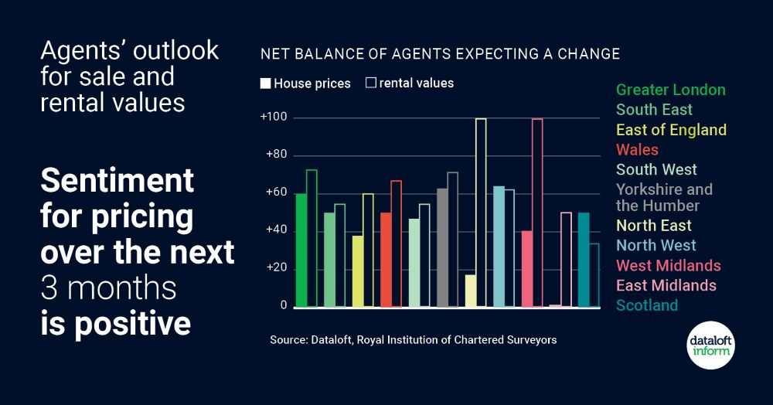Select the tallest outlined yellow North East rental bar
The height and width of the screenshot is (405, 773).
(x=481, y=213)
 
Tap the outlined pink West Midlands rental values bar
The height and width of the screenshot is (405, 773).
(x=537, y=213)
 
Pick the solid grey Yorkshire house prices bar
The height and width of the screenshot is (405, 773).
(x=442, y=247)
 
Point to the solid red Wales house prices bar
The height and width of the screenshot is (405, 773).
(x=386, y=260)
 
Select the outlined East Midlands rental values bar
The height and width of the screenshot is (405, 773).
(x=566, y=260)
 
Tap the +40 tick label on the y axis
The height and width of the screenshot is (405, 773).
(x=274, y=230)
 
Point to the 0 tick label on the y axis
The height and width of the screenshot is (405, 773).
(x=283, y=306)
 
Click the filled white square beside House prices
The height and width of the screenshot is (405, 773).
(x=265, y=83)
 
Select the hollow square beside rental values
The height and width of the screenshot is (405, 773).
(x=370, y=83)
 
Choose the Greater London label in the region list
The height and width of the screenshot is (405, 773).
(x=670, y=90)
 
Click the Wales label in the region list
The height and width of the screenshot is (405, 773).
(x=637, y=149)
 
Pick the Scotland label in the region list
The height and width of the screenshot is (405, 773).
(x=646, y=305)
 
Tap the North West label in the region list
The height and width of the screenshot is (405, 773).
(x=656, y=246)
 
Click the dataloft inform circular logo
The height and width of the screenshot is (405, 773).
(x=710, y=345)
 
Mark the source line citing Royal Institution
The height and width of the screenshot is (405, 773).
(x=413, y=340)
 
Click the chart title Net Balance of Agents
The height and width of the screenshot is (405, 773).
(x=440, y=54)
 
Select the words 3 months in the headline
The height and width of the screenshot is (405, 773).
(x=108, y=288)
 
